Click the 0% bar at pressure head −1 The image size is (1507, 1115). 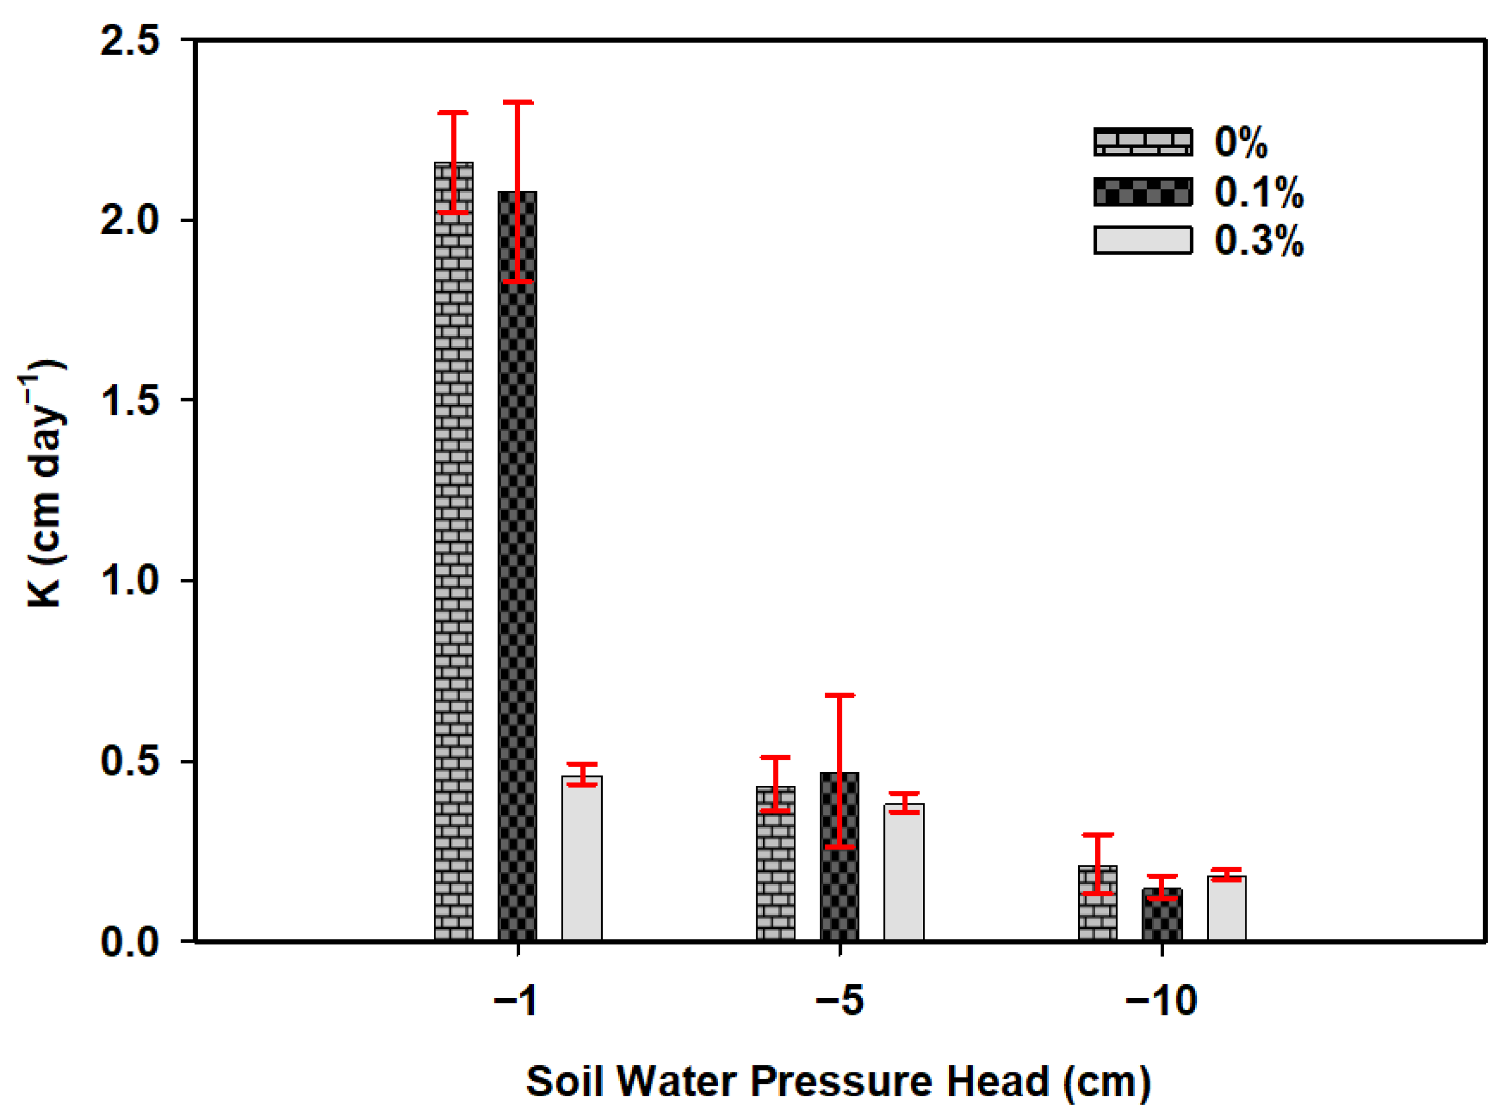[453, 553]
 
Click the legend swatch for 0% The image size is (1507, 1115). [1143, 142]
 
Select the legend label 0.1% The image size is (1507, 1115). [1259, 192]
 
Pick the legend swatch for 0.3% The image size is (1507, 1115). [1143, 240]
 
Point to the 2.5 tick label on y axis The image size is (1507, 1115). [130, 40]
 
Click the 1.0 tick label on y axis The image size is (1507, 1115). [130, 580]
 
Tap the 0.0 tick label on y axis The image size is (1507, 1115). [130, 942]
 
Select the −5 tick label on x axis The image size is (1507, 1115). [840, 1000]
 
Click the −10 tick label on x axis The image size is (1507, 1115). [1161, 1000]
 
